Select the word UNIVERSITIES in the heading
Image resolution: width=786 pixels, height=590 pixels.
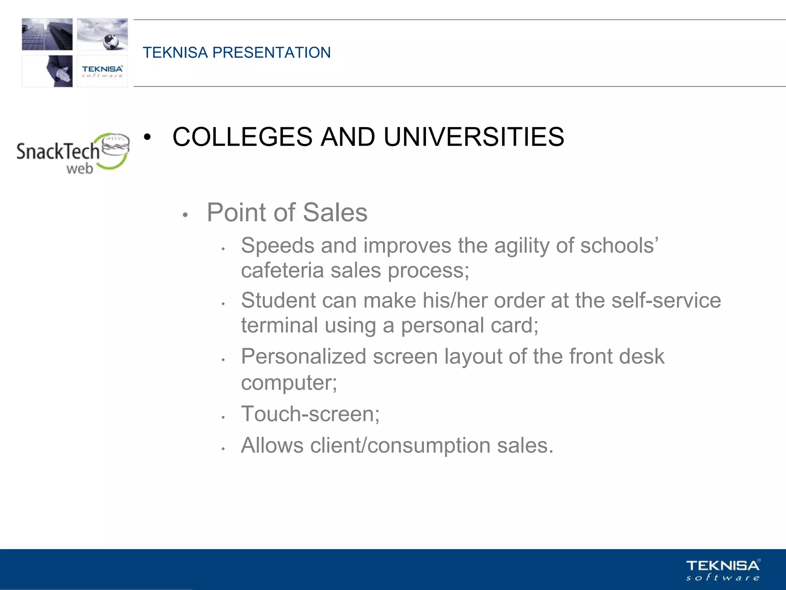pyautogui.click(x=474, y=137)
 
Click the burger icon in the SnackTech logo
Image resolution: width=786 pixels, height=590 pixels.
pyautogui.click(x=116, y=146)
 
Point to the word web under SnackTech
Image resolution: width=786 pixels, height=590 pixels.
pyautogui.click(x=79, y=169)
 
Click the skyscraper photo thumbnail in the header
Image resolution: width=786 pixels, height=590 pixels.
pyautogui.click(x=47, y=34)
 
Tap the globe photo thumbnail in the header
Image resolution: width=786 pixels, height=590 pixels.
pyautogui.click(x=102, y=34)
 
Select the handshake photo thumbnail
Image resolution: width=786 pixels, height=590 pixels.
pyautogui.click(x=47, y=71)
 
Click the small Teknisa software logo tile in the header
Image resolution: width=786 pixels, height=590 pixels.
pyautogui.click(x=102, y=71)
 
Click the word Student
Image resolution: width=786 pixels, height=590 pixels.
pyautogui.click(x=278, y=300)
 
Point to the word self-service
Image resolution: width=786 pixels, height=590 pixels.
pyautogui.click(x=666, y=300)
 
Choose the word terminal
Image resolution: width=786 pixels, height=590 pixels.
pyautogui.click(x=279, y=325)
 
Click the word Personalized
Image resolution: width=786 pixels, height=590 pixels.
pyautogui.click(x=303, y=357)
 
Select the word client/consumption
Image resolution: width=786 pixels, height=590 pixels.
pyautogui.click(x=400, y=446)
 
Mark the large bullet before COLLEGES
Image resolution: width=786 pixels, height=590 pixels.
pyautogui.click(x=147, y=138)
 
